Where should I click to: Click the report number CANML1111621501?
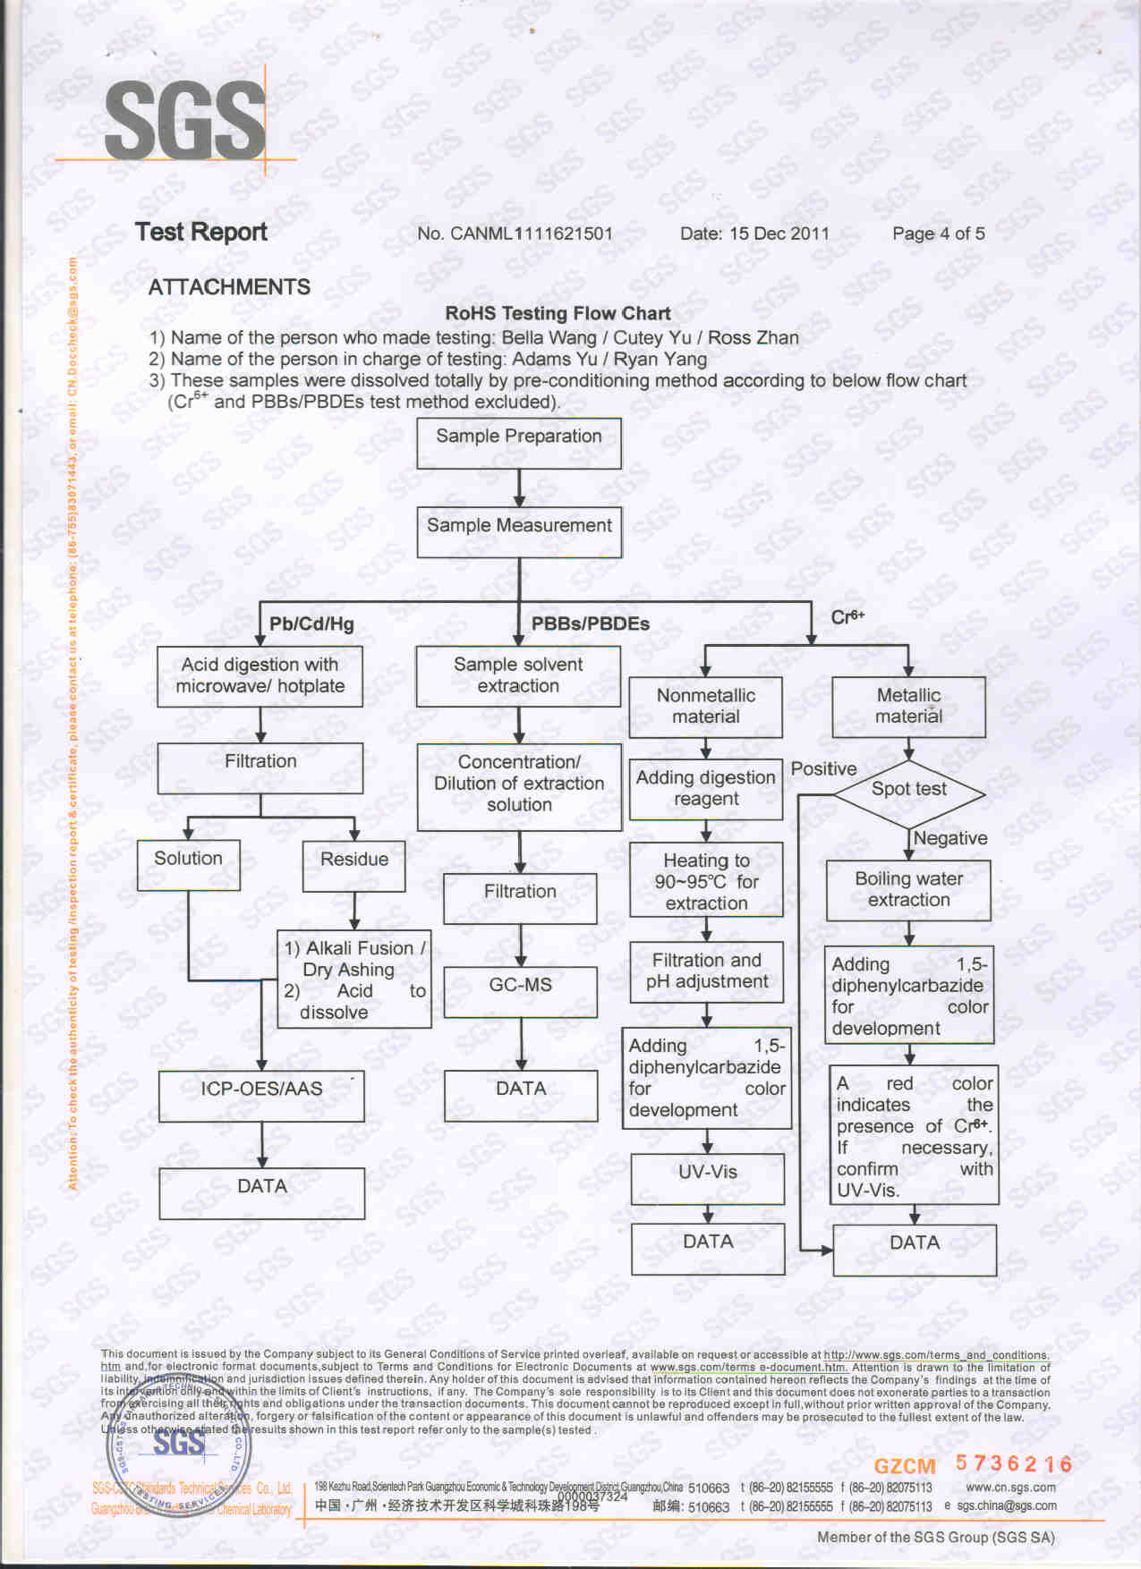tap(515, 233)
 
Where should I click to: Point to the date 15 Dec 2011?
tap(754, 233)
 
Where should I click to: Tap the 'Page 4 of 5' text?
tap(938, 233)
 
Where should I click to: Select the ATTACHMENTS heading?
tap(229, 287)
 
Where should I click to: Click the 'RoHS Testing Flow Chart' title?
tap(558, 313)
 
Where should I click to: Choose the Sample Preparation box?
tap(519, 443)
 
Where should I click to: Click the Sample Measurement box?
tap(519, 532)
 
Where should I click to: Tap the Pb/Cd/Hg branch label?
tap(311, 624)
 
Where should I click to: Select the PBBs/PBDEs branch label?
tap(590, 624)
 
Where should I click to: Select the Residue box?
tap(354, 865)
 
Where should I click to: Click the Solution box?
tap(188, 864)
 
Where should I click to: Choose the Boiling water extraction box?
tap(908, 890)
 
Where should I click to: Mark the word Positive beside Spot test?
tap(823, 768)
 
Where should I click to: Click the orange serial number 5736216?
tap(1013, 1463)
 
